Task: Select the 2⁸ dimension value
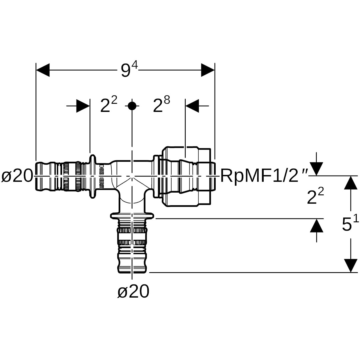pyautogui.click(x=161, y=106)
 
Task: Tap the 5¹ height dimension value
pyautogui.click(x=350, y=224)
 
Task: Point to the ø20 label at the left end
pyautogui.click(x=17, y=175)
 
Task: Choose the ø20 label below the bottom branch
pyautogui.click(x=133, y=292)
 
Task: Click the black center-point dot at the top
pyautogui.click(x=132, y=106)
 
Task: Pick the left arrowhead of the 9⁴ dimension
pyautogui.click(x=43, y=70)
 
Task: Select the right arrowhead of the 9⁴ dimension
pyautogui.click(x=208, y=70)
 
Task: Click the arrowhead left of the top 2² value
pyautogui.click(x=83, y=106)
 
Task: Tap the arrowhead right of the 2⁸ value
pyautogui.click(x=192, y=106)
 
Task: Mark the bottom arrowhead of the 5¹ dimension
pyautogui.click(x=350, y=265)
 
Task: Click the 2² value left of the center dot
pyautogui.click(x=109, y=106)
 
